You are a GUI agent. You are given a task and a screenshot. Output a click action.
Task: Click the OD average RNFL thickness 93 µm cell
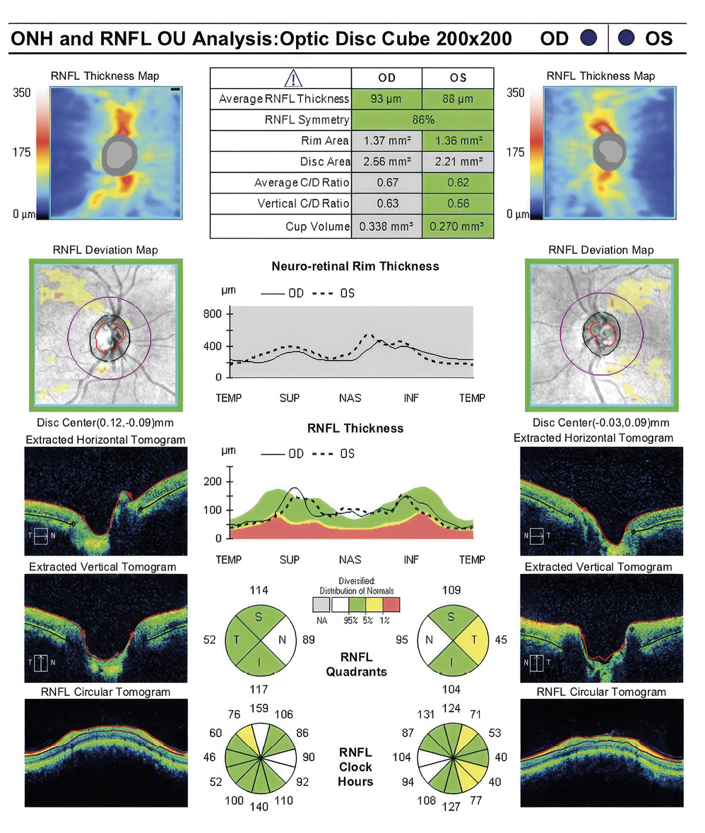(x=386, y=99)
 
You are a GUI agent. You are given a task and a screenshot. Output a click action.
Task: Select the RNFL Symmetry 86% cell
(x=422, y=120)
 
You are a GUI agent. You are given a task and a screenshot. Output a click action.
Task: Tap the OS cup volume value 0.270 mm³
(x=458, y=227)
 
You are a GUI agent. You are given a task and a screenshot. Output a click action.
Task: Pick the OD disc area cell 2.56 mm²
(x=386, y=162)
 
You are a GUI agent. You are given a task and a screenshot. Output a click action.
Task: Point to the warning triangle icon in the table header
(x=292, y=78)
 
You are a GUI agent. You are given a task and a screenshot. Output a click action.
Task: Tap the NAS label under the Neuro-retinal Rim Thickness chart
(x=350, y=398)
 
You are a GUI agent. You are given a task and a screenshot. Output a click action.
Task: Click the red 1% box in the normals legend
(x=391, y=604)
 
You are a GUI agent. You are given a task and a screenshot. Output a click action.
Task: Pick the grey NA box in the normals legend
(x=321, y=604)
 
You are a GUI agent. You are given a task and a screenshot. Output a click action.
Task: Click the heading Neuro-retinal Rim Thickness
(x=355, y=267)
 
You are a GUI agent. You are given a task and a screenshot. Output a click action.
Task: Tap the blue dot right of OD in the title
(x=588, y=38)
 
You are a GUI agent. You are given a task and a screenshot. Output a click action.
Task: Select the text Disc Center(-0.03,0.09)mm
(x=600, y=423)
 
